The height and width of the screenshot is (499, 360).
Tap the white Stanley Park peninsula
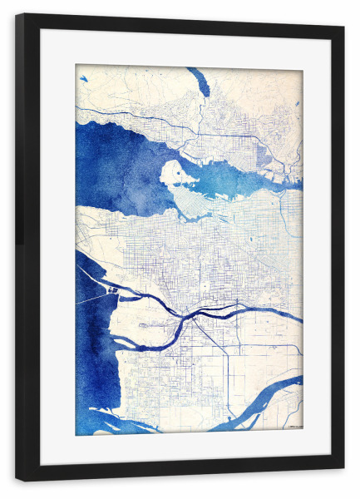point(174,175)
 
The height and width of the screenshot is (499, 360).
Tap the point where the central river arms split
point(194,317)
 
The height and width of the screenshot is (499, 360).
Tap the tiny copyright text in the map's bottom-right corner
point(293,427)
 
